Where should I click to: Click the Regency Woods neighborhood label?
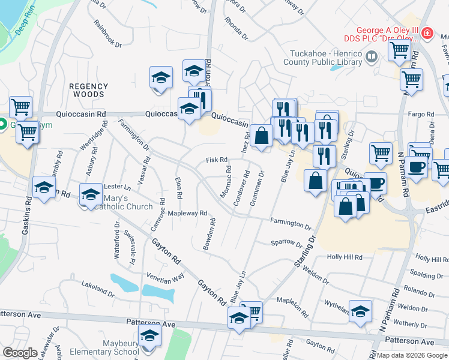[88, 90]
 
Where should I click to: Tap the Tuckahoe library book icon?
[372, 57]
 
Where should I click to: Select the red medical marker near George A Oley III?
[427, 33]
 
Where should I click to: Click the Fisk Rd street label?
[217, 160]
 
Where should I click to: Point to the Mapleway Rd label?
[187, 213]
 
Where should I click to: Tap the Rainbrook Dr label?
[107, 34]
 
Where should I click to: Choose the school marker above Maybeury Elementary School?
[149, 335]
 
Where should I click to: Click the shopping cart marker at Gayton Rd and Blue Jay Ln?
[252, 311]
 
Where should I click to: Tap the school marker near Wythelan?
[360, 311]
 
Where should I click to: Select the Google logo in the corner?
[20, 352]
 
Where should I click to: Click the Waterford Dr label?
[117, 242]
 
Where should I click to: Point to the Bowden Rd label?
[208, 235]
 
